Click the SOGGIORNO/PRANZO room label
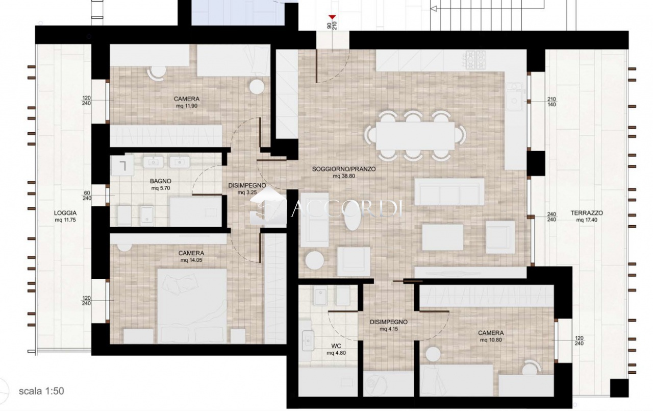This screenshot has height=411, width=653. pyautogui.click(x=344, y=169)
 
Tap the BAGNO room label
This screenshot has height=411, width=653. pyautogui.click(x=161, y=181)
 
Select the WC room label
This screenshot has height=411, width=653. pyautogui.click(x=336, y=346)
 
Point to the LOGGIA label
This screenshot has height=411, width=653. pyautogui.click(x=65, y=213)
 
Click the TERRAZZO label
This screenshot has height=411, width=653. pyautogui.click(x=587, y=213)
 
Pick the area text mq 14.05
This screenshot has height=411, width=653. pyautogui.click(x=191, y=260)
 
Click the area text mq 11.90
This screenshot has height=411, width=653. pyautogui.click(x=187, y=106)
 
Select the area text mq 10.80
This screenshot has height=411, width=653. pyautogui.click(x=491, y=340)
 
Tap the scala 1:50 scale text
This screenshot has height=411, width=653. pyautogui.click(x=41, y=391)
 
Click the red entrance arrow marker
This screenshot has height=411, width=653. pyautogui.click(x=332, y=17)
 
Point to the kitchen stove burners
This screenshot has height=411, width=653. pyautogui.click(x=475, y=60)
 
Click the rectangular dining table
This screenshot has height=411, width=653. pyautogui.click(x=415, y=136)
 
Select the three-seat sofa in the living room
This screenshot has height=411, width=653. pyautogui.click(x=449, y=191)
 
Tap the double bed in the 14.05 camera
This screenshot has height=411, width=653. pyautogui.click(x=192, y=306)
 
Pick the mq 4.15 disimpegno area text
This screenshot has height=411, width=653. pyautogui.click(x=389, y=329)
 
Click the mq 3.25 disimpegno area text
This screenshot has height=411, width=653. pyautogui.click(x=247, y=192)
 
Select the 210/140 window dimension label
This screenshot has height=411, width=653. pyautogui.click(x=551, y=102)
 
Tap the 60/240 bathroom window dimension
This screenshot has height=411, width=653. pyautogui.click(x=87, y=196)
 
